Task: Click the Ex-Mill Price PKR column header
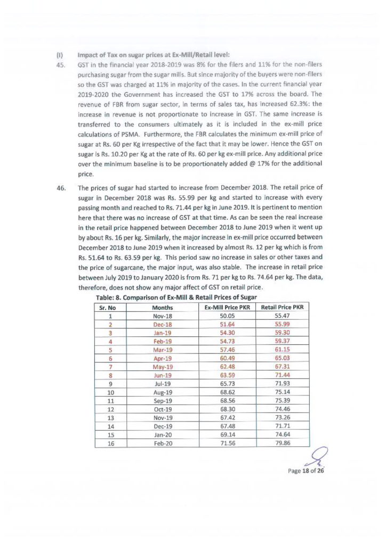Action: [226, 308]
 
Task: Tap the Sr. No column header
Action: [111, 308]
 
